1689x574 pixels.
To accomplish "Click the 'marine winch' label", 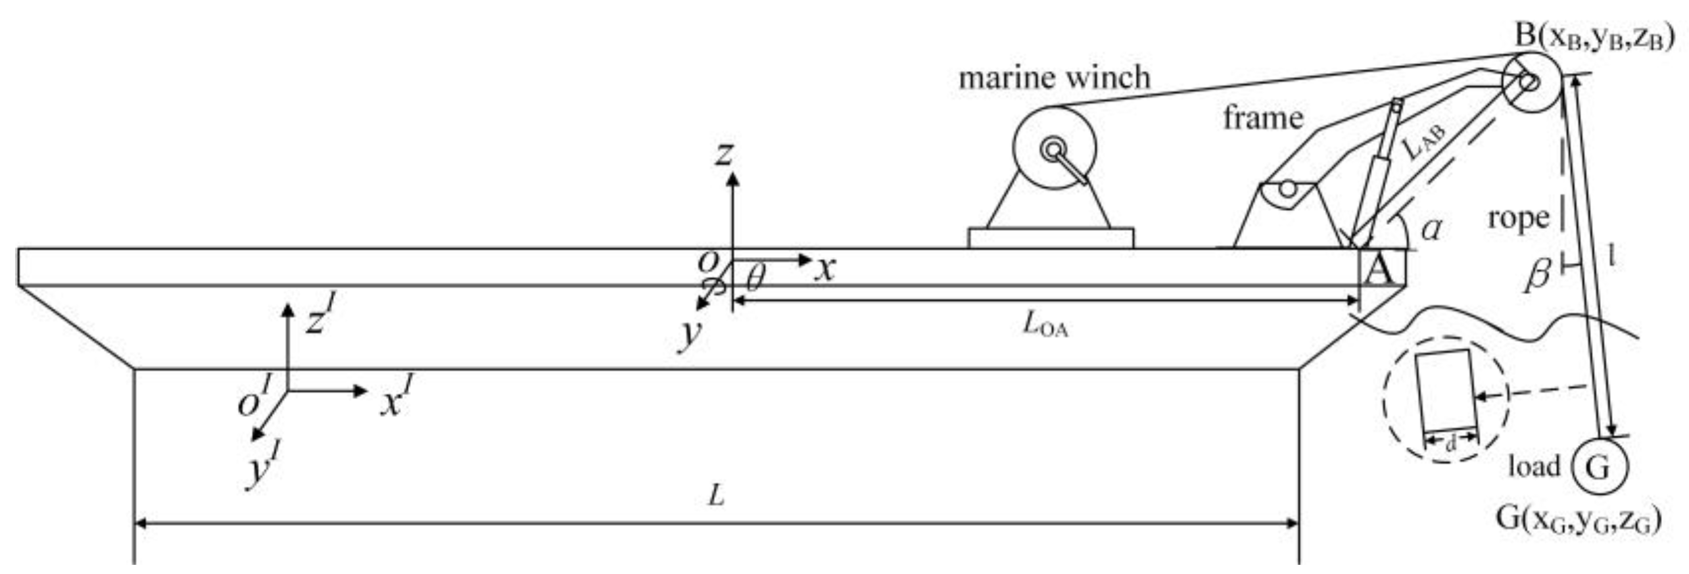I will pos(1054,78).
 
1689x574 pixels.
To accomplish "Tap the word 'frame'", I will pos(1263,118).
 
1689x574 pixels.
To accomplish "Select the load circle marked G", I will pos(1600,467).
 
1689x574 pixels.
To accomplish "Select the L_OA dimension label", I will pos(1045,325).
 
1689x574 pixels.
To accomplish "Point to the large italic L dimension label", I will pos(716,496).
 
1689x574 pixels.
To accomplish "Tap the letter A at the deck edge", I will pos(1379,270).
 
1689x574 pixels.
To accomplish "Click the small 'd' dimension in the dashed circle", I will pos(1451,444).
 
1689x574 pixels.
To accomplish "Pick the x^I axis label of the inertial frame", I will pos(396,398).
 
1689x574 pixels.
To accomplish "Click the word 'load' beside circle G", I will pos(1534,467).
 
